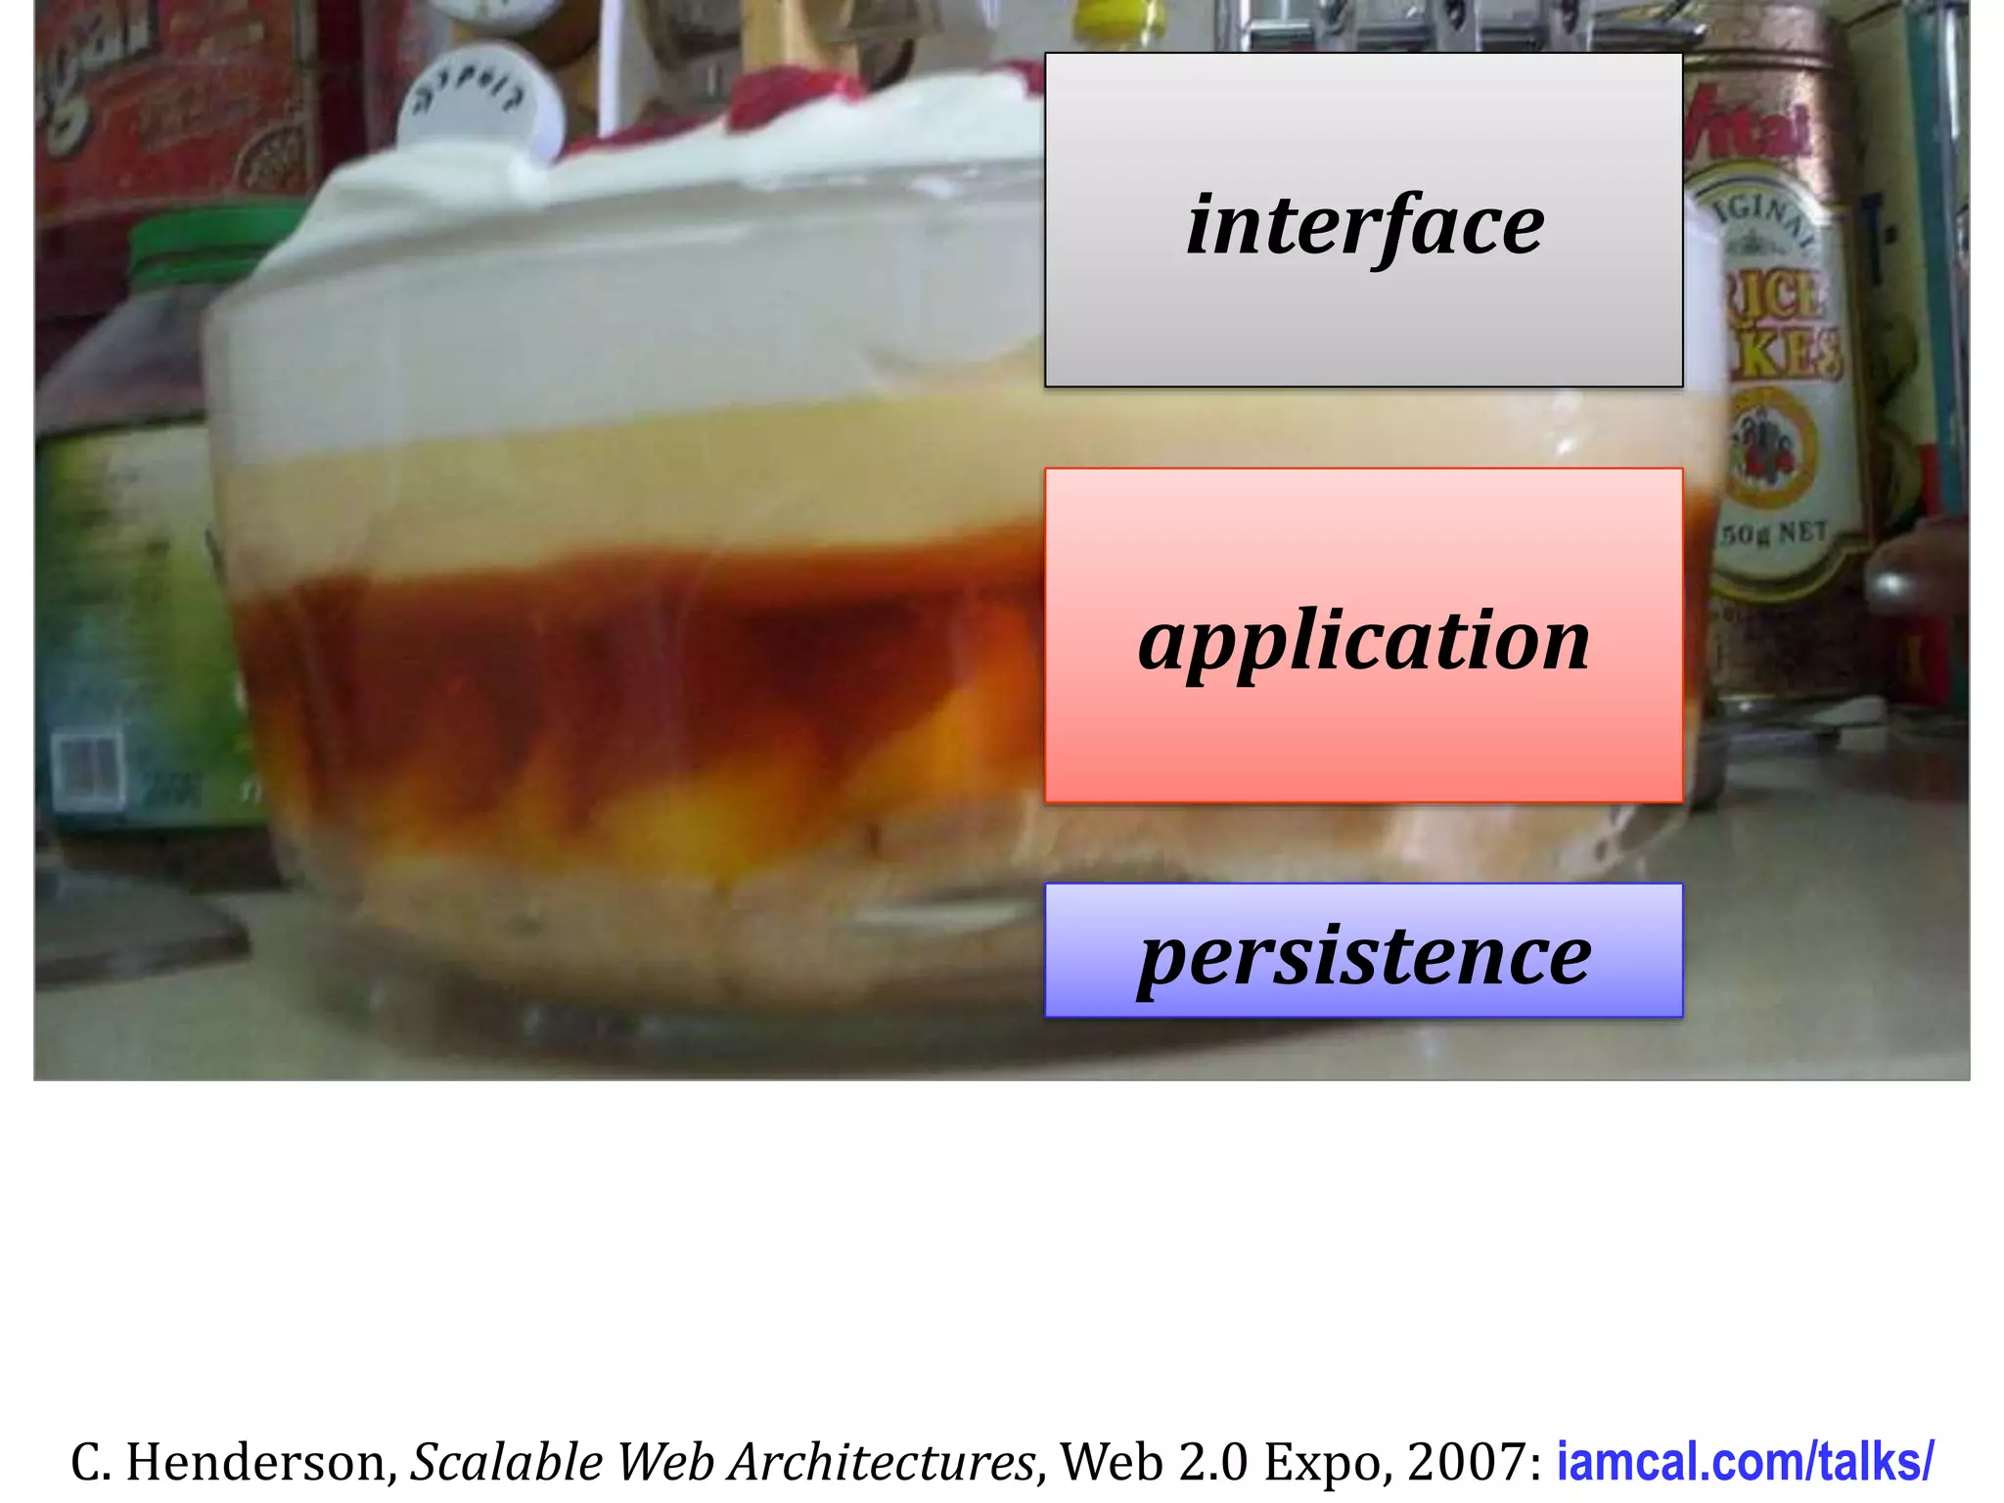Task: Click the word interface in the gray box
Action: point(1365,225)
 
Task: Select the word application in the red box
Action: point(1364,641)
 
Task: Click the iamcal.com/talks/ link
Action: point(1745,1462)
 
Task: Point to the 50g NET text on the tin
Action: point(1774,533)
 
